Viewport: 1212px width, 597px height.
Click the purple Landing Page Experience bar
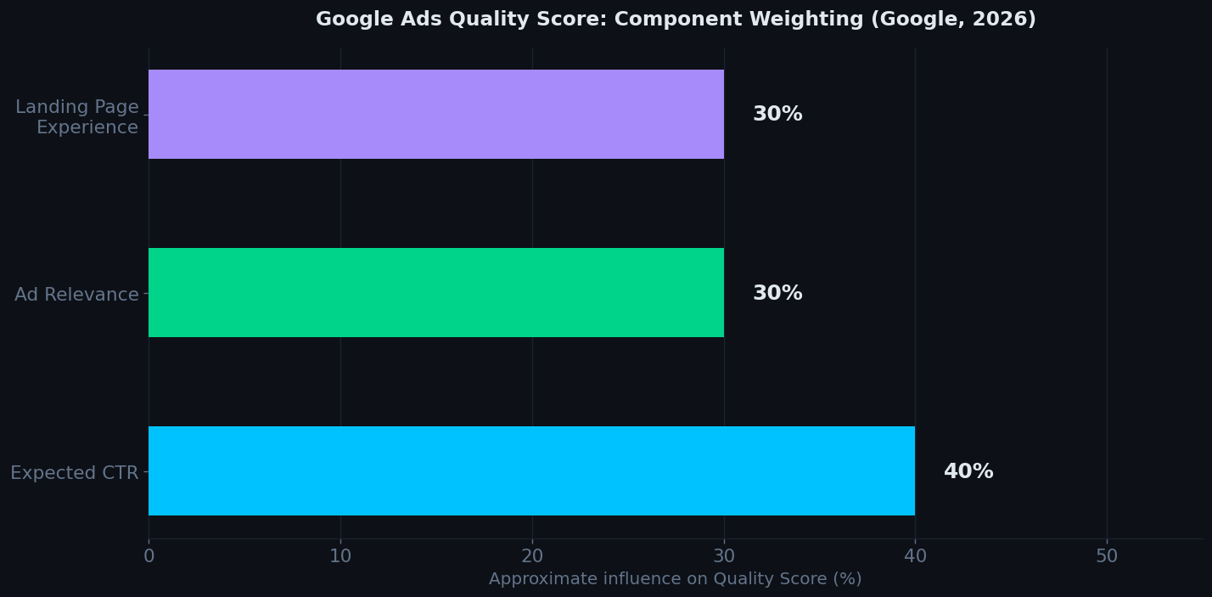435,114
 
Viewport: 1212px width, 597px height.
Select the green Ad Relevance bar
435,292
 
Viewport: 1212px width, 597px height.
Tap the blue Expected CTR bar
531,470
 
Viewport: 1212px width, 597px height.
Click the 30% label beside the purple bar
777,114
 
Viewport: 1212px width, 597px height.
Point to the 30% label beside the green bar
777,293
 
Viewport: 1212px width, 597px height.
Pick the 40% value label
968,471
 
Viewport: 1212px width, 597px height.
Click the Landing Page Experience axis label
77,117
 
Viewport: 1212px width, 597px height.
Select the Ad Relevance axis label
76,295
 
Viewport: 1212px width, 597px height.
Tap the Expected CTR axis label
74,473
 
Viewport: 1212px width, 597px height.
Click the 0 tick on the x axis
149,556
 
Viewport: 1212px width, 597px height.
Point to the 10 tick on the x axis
340,556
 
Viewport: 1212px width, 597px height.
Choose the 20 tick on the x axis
532,556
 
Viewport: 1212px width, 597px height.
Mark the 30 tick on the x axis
724,556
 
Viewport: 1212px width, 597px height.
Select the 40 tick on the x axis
915,556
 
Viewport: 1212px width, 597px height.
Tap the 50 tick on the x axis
1107,556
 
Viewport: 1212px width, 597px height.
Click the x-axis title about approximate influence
675,579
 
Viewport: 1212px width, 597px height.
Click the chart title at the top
676,19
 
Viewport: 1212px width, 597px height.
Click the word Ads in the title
407,19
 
